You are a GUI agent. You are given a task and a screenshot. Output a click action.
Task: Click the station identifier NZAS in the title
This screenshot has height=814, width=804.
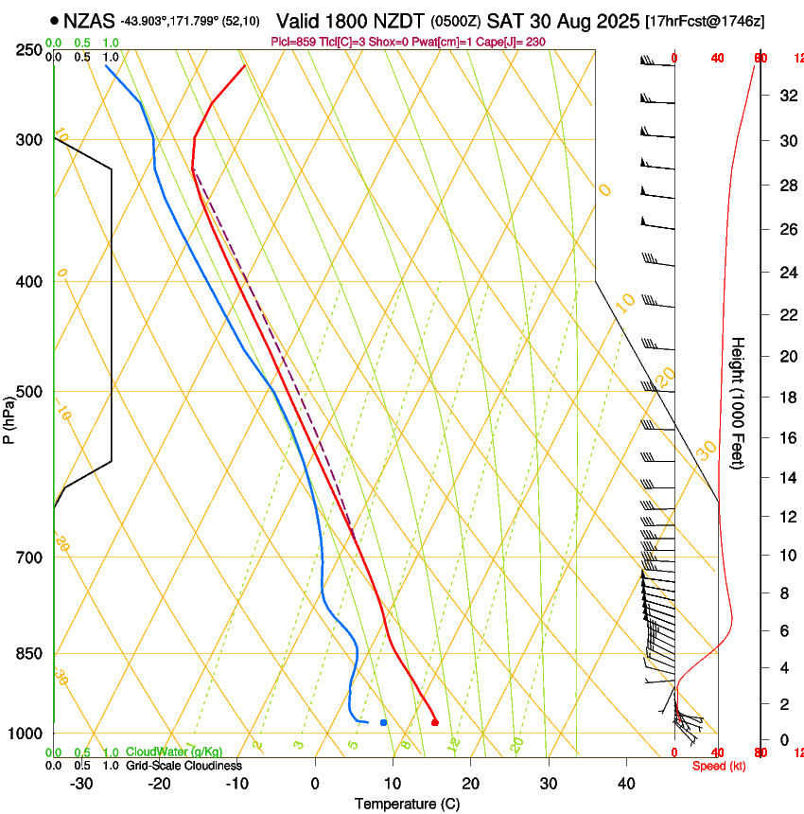(x=89, y=19)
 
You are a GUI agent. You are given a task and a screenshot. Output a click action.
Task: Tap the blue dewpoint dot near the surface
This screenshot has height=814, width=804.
(x=383, y=722)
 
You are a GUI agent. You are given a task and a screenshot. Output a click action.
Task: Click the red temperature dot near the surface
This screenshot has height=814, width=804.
(x=434, y=722)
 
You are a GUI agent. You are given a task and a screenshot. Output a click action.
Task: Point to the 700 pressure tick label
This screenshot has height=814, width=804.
(x=30, y=557)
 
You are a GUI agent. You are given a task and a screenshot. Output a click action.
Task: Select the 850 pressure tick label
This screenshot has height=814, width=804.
(x=30, y=654)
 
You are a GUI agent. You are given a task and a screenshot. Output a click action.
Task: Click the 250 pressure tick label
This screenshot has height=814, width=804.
(x=30, y=49)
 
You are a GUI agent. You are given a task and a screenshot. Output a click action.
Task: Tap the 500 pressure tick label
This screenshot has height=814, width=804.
(x=30, y=392)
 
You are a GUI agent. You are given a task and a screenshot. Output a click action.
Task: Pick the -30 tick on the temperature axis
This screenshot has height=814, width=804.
(x=81, y=784)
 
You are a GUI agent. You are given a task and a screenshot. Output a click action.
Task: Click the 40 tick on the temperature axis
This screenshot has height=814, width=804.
(x=626, y=784)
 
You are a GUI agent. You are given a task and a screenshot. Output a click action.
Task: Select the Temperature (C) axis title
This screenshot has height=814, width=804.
(x=407, y=804)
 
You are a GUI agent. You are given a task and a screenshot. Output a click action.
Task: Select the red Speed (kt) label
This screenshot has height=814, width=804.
(x=718, y=766)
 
